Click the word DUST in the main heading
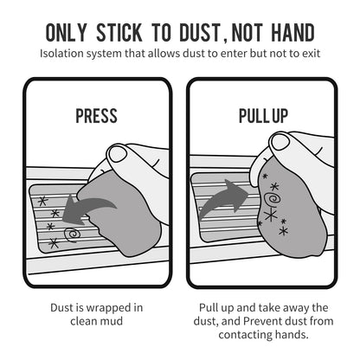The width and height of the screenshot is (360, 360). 200,32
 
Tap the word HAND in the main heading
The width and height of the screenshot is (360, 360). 293,32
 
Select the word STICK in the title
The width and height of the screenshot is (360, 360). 119,32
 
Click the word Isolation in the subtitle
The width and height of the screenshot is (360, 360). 60,54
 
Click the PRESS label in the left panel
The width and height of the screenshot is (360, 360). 96,116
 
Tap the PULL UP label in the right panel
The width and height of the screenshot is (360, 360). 263,116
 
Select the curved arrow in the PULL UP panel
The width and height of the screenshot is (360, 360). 223,197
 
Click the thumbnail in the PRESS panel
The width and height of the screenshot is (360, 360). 117,154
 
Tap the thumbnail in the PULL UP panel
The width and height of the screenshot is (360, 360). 279,142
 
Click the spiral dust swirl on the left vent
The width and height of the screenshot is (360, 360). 71,235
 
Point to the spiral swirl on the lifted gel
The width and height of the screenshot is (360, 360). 272,199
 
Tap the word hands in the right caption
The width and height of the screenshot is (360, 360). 291,335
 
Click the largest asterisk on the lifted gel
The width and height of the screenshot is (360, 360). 271,215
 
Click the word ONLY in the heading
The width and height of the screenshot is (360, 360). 66,32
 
